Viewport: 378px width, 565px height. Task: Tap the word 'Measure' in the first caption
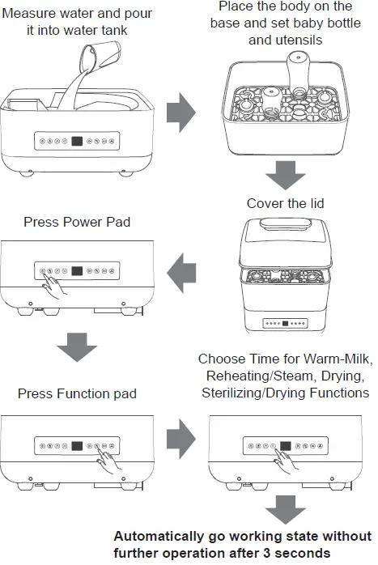click(28, 13)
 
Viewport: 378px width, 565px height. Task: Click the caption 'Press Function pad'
click(76, 394)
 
